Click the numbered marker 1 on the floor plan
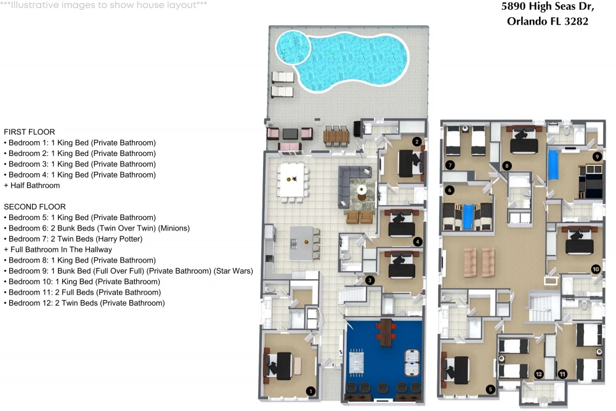310,391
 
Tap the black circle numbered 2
417,142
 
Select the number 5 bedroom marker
490,389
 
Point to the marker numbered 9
597,157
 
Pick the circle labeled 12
538,374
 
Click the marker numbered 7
450,165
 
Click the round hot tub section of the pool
293,47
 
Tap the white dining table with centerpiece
291,180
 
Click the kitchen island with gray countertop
302,243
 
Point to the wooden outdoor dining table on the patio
336,136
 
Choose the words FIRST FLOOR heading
30,132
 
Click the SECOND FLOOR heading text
35,206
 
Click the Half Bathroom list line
32,185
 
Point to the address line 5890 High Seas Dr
548,7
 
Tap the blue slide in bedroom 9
553,165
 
